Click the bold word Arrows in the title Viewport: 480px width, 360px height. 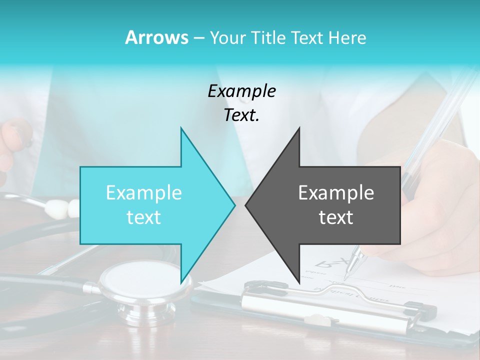156,37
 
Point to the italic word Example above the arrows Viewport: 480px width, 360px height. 241,91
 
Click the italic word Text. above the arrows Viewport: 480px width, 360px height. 241,115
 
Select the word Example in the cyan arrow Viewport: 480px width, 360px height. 144,193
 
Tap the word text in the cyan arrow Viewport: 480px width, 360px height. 144,217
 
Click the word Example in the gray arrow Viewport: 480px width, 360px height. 336,193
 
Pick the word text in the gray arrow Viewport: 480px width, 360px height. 336,217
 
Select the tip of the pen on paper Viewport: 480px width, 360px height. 346,274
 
